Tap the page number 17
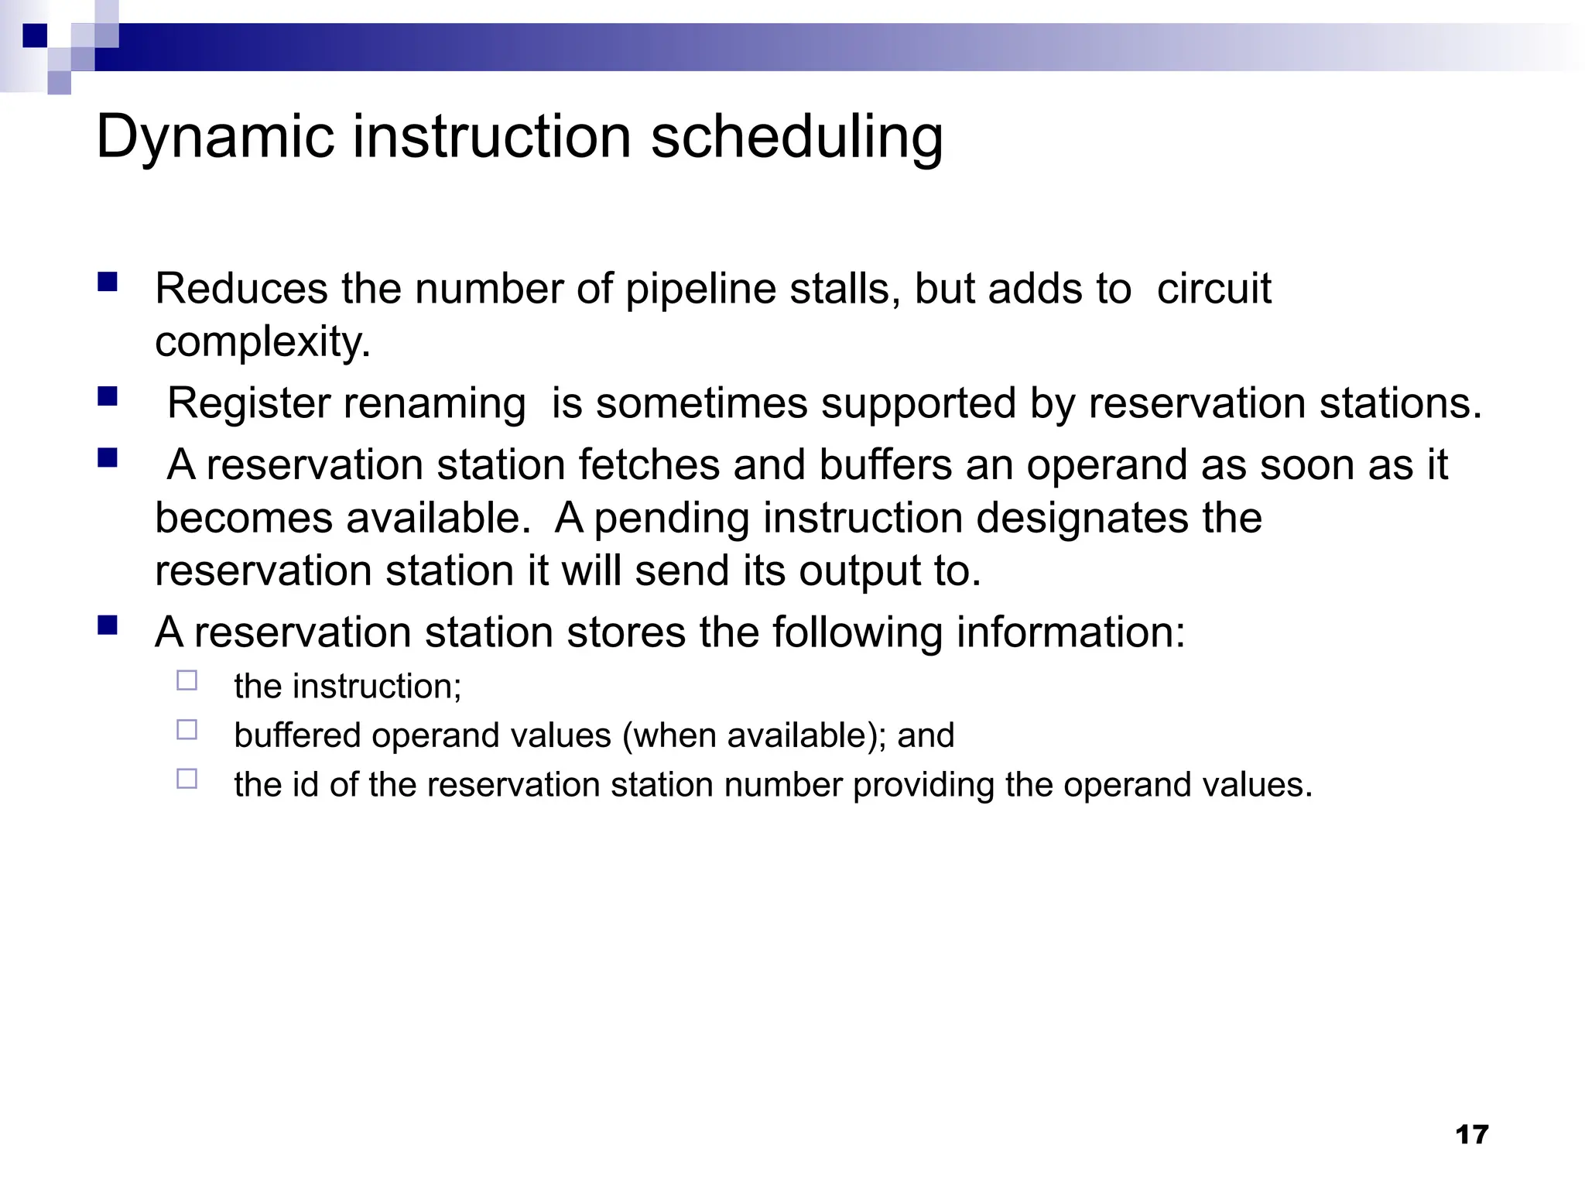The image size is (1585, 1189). [1471, 1135]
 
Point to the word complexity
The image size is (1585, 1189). [262, 342]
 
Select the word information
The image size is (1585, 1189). [1070, 632]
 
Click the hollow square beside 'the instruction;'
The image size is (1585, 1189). [187, 680]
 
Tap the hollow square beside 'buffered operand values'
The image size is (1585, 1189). [187, 730]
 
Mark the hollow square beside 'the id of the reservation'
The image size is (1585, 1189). [187, 779]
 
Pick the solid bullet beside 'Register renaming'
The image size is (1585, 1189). [108, 397]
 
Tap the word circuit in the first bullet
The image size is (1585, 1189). [1214, 290]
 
